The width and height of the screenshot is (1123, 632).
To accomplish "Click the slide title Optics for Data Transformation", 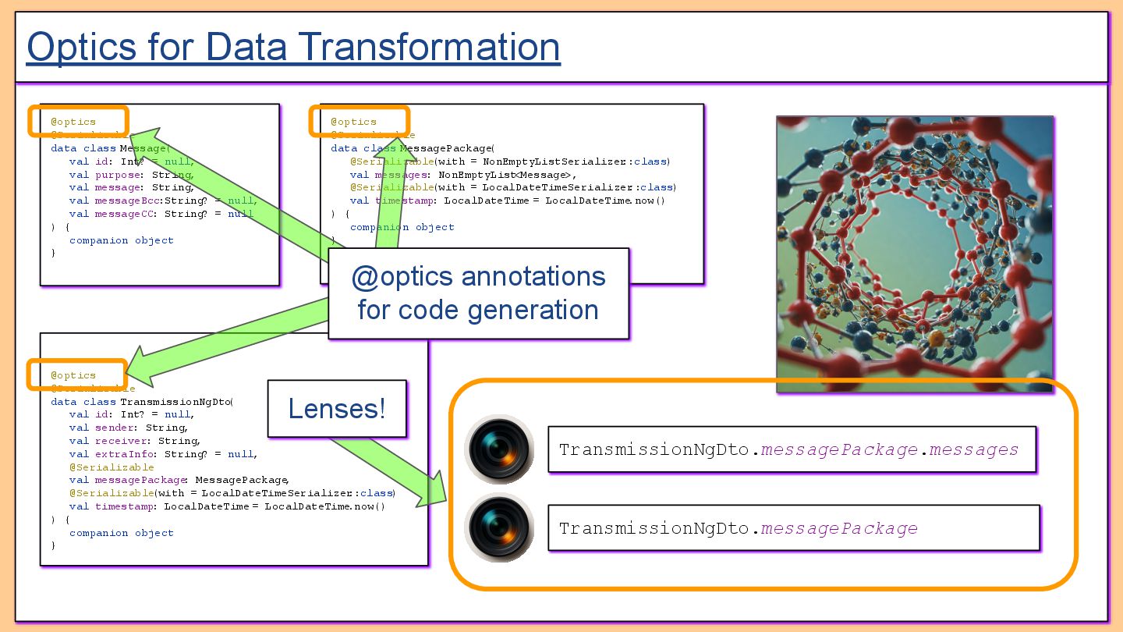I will click(293, 47).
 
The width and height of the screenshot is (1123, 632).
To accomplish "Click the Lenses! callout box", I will click(337, 409).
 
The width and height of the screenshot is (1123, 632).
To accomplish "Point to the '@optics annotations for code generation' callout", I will click(478, 293).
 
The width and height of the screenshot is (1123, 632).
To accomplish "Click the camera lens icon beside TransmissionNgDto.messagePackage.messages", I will click(499, 449).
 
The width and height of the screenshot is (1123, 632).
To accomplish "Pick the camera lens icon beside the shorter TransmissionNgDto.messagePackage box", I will click(499, 528).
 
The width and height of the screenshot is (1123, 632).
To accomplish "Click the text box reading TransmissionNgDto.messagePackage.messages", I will click(792, 449).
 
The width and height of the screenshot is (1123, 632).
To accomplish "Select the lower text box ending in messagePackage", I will click(794, 528).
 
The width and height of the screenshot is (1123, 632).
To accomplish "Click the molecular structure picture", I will click(914, 254).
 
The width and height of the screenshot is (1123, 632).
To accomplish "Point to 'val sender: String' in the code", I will click(128, 428).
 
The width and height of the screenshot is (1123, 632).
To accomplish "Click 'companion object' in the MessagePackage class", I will click(402, 227).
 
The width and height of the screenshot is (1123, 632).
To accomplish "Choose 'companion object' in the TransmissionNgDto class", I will click(121, 533).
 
